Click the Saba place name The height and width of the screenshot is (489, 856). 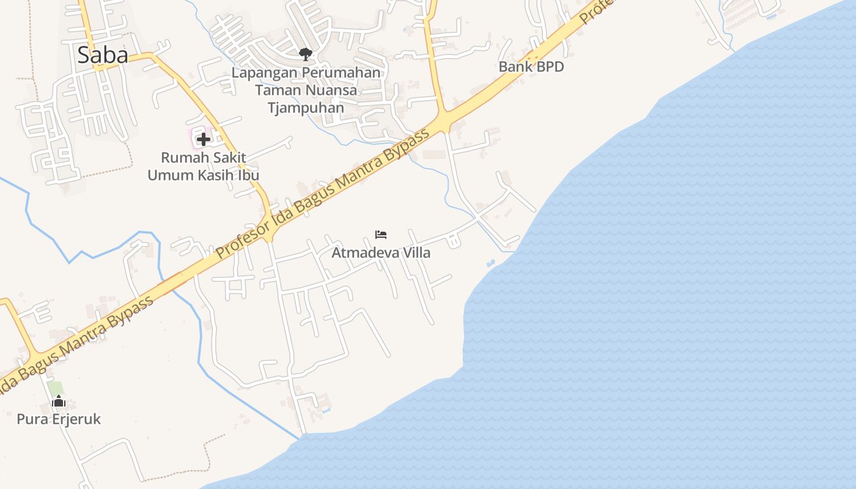click(102, 56)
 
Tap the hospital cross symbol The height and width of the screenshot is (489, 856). click(203, 139)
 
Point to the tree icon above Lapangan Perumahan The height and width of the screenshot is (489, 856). click(305, 54)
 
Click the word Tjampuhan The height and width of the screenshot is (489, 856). click(306, 108)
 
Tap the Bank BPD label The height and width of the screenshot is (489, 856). click(531, 67)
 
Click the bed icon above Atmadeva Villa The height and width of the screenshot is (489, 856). click(381, 235)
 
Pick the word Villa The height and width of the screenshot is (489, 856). click(416, 252)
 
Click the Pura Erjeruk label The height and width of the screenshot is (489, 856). click(59, 419)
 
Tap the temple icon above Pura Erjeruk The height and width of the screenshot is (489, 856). click(59, 401)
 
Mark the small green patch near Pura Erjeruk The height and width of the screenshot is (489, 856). click(56, 388)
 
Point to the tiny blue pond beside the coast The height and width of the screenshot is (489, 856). click(490, 263)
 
